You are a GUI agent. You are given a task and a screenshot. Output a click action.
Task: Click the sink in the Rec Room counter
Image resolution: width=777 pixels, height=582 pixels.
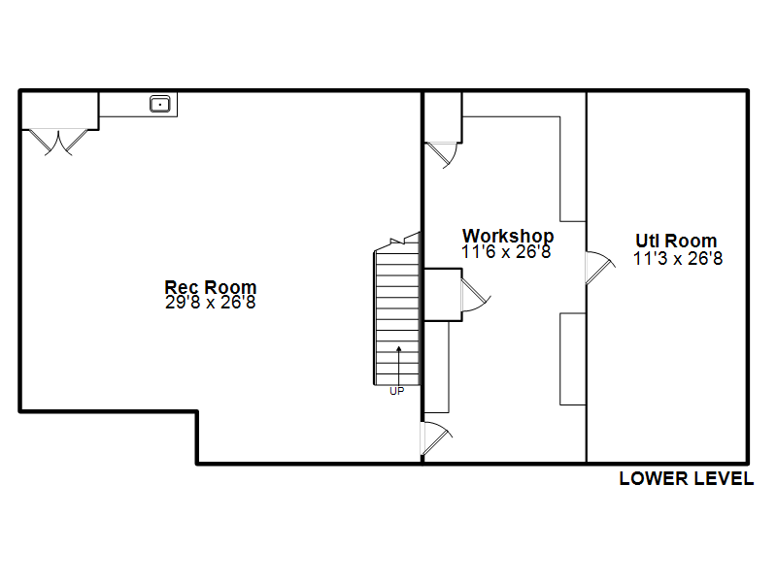tap(160, 104)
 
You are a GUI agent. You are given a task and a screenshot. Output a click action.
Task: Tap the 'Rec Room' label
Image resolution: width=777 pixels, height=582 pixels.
tap(211, 286)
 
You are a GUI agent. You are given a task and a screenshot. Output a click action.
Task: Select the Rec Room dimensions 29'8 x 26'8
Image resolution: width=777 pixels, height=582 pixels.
tap(211, 302)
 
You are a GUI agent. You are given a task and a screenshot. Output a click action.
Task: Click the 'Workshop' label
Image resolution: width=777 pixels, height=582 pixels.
tap(508, 236)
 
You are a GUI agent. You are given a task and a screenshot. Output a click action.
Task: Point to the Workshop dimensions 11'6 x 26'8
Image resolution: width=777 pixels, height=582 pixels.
tap(506, 251)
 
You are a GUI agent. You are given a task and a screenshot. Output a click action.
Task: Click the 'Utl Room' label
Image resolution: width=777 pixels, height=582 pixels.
tap(676, 241)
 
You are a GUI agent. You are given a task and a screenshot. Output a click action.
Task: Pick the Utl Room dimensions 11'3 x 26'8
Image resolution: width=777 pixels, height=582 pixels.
tap(678, 258)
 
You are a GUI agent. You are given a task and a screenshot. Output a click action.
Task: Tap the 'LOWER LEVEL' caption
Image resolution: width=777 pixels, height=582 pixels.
tap(687, 478)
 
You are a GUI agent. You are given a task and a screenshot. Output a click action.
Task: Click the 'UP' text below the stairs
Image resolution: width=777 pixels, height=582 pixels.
tap(397, 391)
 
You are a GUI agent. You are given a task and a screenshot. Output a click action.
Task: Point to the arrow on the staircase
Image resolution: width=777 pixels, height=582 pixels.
tap(398, 365)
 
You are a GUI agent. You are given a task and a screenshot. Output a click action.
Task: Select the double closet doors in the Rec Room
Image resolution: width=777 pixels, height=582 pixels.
tap(58, 142)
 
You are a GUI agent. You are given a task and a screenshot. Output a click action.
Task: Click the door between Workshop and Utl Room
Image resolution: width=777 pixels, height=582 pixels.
tap(600, 268)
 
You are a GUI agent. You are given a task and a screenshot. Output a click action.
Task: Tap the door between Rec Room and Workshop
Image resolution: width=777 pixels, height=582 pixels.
tap(436, 438)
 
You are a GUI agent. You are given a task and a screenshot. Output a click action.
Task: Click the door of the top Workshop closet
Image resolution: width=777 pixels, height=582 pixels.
tap(444, 155)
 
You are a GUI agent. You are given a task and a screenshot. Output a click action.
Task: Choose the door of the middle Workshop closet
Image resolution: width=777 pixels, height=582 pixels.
tap(476, 295)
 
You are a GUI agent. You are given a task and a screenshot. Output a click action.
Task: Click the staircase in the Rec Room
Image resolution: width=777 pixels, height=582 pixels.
tap(397, 309)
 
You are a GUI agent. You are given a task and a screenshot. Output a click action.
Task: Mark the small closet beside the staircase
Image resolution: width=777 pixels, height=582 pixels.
tap(443, 295)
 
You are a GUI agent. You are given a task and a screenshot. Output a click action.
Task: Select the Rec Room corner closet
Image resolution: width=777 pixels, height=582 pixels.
tap(59, 111)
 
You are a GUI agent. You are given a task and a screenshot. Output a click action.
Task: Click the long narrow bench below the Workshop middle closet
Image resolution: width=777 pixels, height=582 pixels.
tap(436, 367)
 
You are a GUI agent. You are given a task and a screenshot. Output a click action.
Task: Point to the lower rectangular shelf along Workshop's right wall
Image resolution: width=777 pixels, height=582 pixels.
tap(573, 359)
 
